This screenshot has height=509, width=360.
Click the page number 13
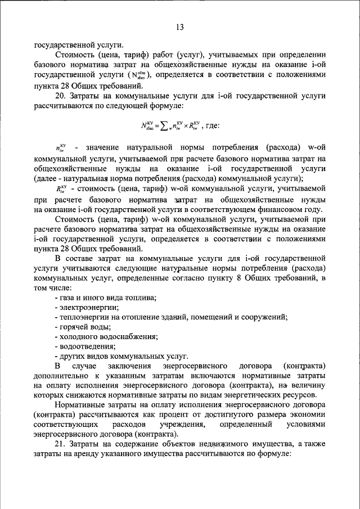pyautogui.click(x=179, y=27)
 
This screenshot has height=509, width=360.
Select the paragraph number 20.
pyautogui.click(x=61, y=96)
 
